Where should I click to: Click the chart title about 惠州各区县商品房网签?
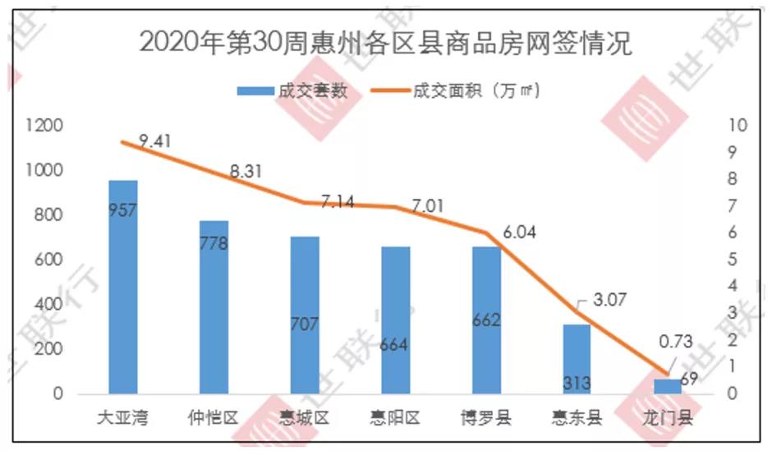click(x=386, y=44)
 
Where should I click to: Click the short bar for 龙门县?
click(x=668, y=386)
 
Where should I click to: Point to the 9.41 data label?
click(x=154, y=141)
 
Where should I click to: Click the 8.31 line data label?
click(x=246, y=172)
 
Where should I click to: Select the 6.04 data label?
click(x=518, y=232)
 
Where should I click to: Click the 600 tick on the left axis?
click(x=50, y=260)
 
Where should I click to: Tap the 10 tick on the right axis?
click(x=737, y=126)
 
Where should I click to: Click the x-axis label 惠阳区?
click(x=395, y=419)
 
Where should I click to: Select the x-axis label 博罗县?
click(x=486, y=419)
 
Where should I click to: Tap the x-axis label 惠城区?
click(x=305, y=419)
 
